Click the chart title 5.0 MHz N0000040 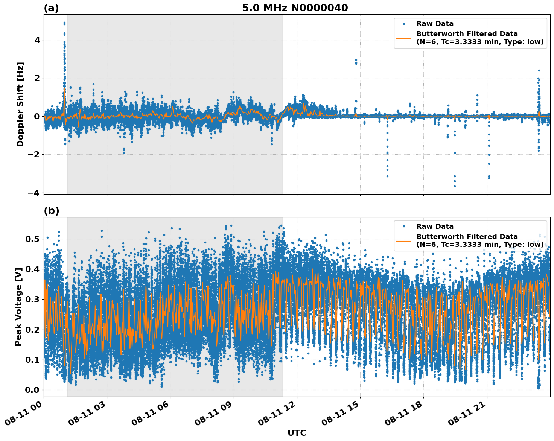tap(295, 8)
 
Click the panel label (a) tap(51, 8)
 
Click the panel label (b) tap(51, 211)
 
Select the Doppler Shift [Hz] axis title tap(20, 104)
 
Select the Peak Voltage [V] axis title tap(18, 307)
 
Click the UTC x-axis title tap(297, 433)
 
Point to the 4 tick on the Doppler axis tap(37, 40)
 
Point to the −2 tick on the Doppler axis tap(34, 154)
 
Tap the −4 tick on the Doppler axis tap(34, 193)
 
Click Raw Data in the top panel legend tap(435, 24)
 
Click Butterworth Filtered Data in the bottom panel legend tap(467, 237)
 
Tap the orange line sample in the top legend tap(404, 38)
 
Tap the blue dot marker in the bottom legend tap(404, 227)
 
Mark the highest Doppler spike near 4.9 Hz tap(64, 23)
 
